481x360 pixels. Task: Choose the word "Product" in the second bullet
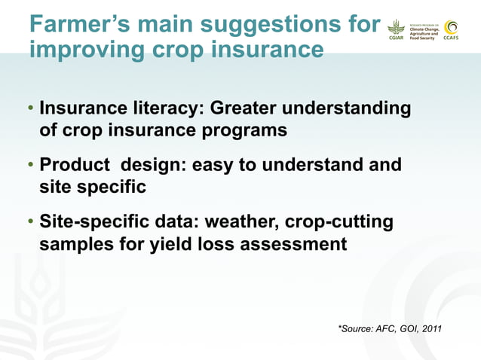71,164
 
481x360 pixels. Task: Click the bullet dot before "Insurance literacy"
31,110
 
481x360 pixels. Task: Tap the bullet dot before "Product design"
31,165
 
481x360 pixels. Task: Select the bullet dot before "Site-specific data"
31,223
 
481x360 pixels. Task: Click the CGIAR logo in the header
396,30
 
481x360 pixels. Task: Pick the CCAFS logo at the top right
452,30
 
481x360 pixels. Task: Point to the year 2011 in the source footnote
430,328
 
